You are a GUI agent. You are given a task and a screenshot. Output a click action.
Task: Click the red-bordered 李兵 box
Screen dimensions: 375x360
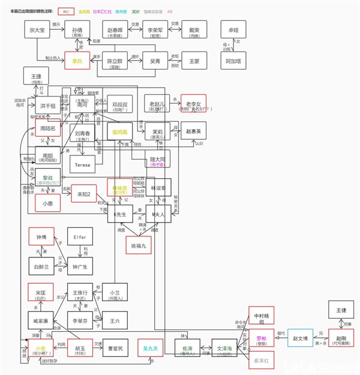click(x=77, y=61)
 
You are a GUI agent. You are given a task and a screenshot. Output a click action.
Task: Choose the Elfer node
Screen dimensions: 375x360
click(x=80, y=237)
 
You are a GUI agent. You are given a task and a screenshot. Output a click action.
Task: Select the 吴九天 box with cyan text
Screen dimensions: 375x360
click(x=150, y=348)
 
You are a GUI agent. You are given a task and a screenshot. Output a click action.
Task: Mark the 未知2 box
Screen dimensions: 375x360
click(x=84, y=194)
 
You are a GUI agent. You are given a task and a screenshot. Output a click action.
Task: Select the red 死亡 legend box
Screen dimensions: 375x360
click(x=65, y=11)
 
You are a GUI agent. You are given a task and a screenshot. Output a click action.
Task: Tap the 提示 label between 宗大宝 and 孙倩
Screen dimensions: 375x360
click(x=56, y=25)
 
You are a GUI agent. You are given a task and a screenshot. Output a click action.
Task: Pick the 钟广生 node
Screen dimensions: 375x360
click(x=80, y=266)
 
